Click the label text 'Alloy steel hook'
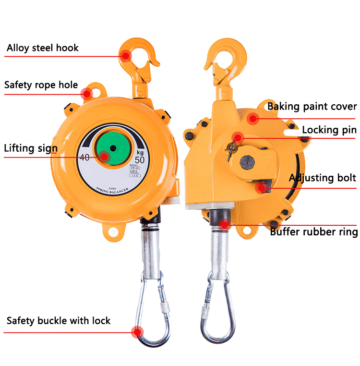pos(42,48)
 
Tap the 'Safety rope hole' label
pos(41,85)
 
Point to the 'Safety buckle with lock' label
pos(58,320)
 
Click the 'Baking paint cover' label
pos(312,106)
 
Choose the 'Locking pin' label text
pos(329,130)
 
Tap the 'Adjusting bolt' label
pos(322,178)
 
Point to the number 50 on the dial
pos(140,159)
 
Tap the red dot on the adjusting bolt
pos(261,188)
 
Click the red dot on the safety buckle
pos(138,331)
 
